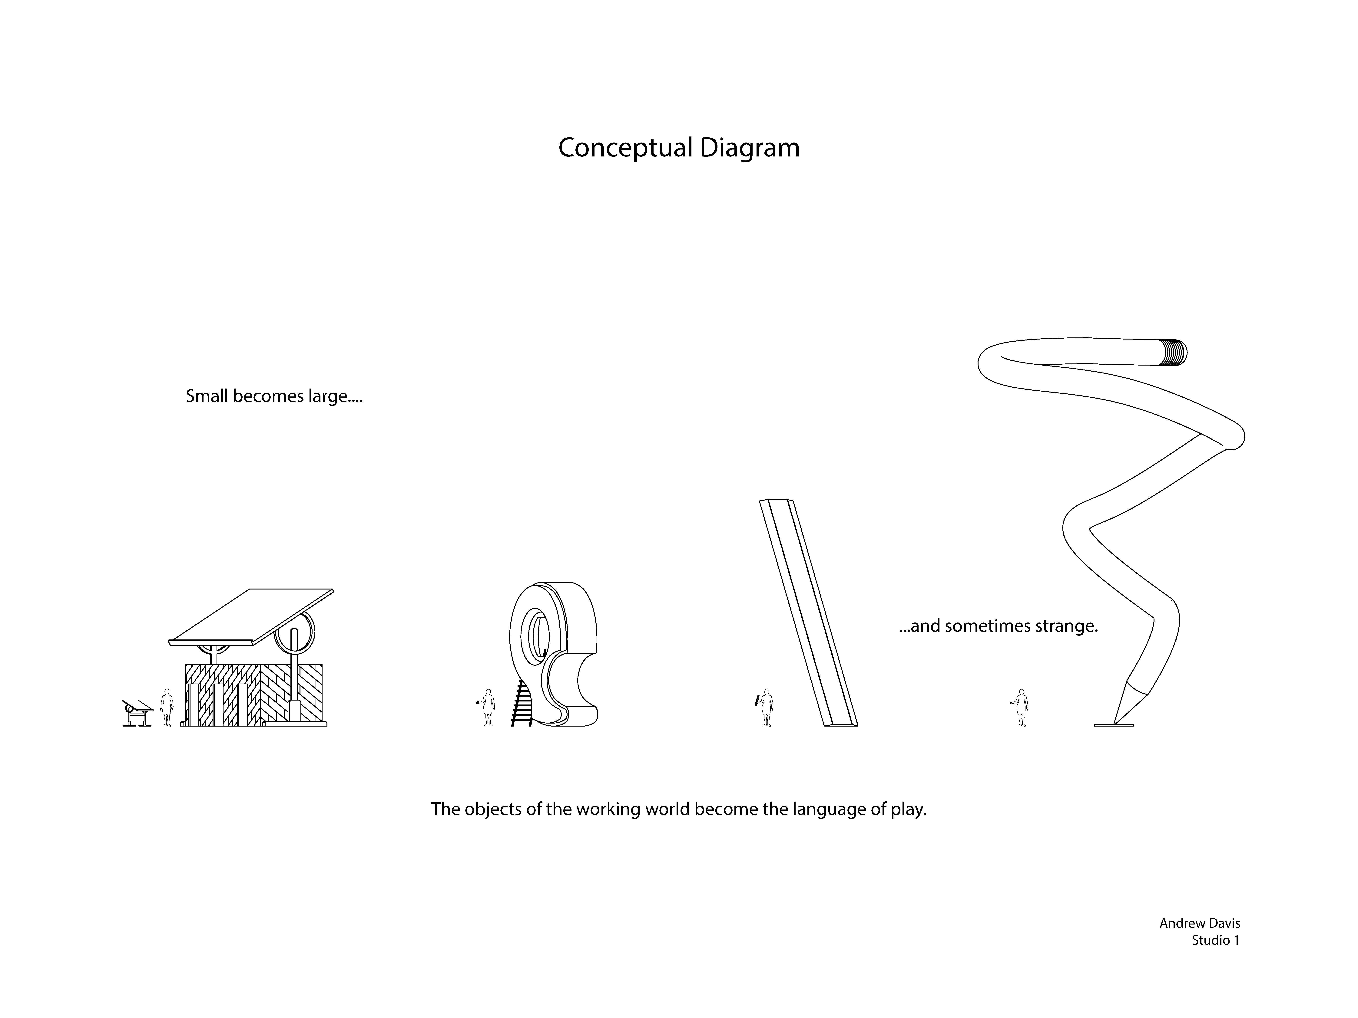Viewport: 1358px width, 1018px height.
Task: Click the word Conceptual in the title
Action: point(625,148)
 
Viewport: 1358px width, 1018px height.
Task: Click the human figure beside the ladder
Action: point(488,708)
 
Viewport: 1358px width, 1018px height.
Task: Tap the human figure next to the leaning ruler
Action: point(766,708)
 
